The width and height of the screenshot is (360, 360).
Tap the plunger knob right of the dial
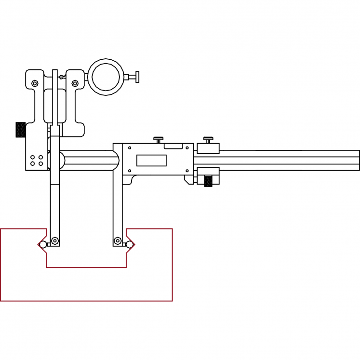click(x=137, y=76)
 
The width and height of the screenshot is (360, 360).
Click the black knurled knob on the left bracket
click(x=20, y=130)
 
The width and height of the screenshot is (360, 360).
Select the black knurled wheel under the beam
click(x=208, y=181)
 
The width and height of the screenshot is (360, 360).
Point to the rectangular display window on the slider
click(x=151, y=160)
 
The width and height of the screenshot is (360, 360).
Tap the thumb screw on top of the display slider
click(x=159, y=140)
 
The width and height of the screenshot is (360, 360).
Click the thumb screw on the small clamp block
click(x=208, y=140)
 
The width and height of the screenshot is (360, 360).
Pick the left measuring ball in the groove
click(x=43, y=244)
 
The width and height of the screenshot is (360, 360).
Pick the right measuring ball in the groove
click(x=130, y=244)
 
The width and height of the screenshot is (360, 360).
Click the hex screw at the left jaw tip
click(x=55, y=240)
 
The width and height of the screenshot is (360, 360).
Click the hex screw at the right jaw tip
click(x=118, y=240)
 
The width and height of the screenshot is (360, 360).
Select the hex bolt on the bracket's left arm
click(x=35, y=84)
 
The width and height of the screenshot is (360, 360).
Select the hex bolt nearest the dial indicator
click(x=75, y=84)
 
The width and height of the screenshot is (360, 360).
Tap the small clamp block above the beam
click(x=208, y=148)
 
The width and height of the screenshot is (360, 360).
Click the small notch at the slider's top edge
click(x=173, y=146)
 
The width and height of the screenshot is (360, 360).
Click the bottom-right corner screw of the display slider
click(x=187, y=170)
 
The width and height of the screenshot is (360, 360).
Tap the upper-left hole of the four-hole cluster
click(x=33, y=158)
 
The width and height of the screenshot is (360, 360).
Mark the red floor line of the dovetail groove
click(x=87, y=267)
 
